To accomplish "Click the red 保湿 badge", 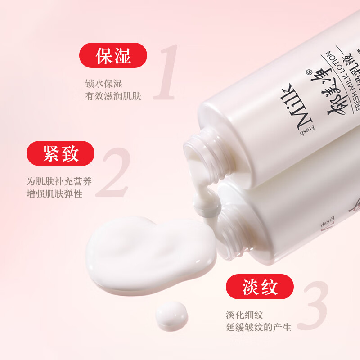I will [113, 55].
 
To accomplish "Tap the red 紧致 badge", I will [61, 153].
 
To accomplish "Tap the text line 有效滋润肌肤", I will [113, 96].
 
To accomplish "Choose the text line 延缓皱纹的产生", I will [258, 327].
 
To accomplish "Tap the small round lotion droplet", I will [171, 315].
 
